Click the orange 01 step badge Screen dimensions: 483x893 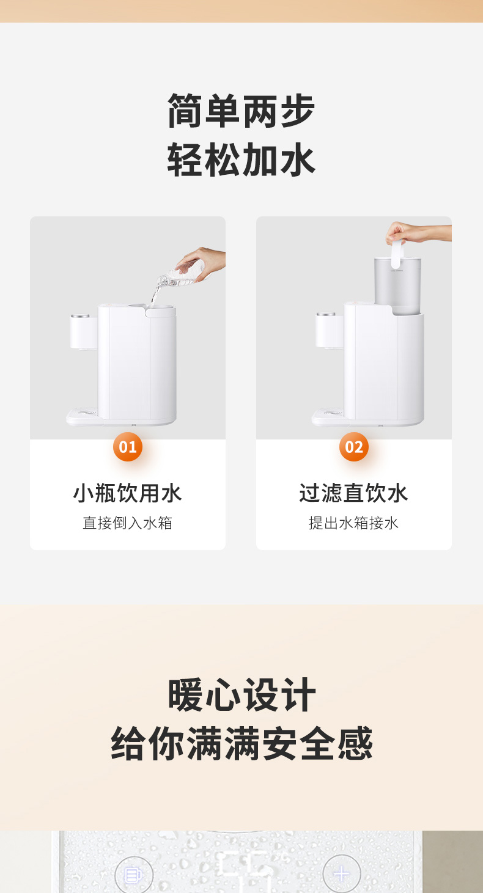(x=128, y=447)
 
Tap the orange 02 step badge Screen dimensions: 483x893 (x=354, y=447)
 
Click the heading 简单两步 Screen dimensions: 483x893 (x=242, y=111)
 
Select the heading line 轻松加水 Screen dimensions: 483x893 (x=242, y=160)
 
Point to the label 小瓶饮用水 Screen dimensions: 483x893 (x=128, y=493)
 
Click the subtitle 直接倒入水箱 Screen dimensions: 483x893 (x=128, y=523)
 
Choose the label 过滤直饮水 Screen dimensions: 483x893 (x=354, y=493)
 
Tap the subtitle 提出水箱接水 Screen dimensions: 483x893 (x=354, y=523)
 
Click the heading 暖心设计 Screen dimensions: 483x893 (x=242, y=695)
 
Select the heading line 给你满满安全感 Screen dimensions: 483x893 (x=242, y=743)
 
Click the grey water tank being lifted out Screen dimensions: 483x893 (x=397, y=285)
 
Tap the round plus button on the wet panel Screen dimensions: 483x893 (x=342, y=874)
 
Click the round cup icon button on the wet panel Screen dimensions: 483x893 (x=134, y=875)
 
